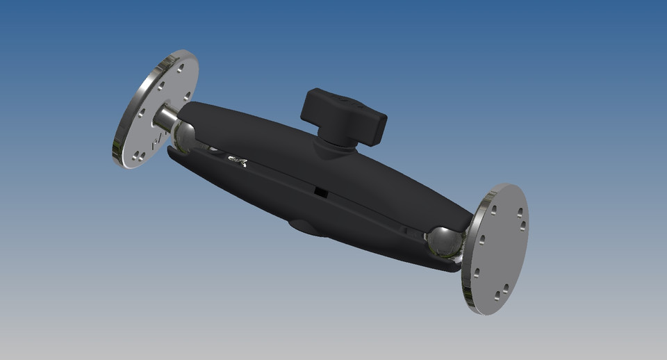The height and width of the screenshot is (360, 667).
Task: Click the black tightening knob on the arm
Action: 343,114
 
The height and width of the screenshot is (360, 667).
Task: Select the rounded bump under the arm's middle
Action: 306,227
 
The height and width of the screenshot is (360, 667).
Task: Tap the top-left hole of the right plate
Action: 493,209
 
